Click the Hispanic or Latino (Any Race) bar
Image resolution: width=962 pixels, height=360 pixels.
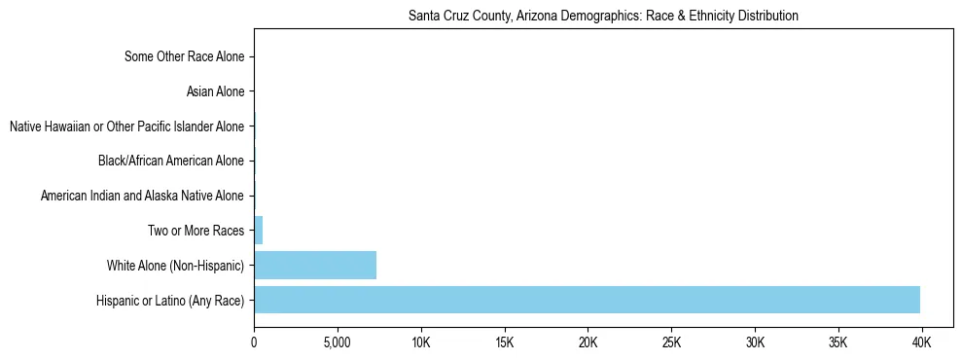(587, 300)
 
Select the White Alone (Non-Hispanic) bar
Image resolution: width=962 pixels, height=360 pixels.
(315, 266)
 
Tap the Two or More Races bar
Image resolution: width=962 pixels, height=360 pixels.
(259, 231)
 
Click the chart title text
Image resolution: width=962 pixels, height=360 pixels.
(603, 16)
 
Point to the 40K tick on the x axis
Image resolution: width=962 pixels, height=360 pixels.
(921, 343)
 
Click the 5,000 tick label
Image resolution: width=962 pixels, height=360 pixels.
(338, 343)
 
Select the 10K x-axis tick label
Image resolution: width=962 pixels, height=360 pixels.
(421, 343)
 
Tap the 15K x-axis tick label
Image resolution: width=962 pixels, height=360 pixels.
(504, 343)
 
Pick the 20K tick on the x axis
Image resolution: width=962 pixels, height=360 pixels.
(588, 343)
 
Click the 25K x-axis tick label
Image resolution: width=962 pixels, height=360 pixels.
(671, 343)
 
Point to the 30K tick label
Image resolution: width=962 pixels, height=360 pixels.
(755, 343)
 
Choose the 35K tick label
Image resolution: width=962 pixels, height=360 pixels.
(837, 343)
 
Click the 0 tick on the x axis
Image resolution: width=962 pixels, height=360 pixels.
(254, 343)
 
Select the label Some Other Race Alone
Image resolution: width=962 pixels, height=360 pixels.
(185, 57)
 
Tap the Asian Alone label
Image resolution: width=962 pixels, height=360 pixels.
(215, 92)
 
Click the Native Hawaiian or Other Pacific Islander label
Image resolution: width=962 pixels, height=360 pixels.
(126, 126)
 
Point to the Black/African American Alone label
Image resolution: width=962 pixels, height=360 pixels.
(171, 162)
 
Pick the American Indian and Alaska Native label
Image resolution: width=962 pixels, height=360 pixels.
(142, 197)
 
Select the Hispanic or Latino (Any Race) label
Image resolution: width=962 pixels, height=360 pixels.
(170, 301)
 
